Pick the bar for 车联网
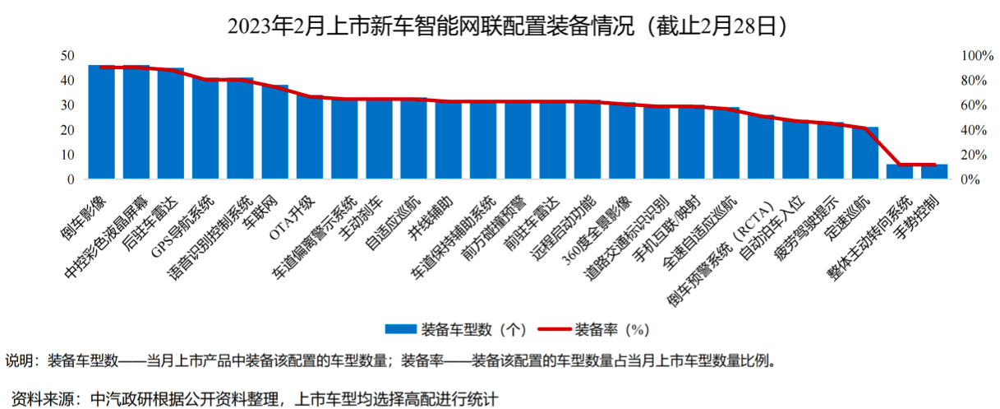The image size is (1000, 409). coord(274,132)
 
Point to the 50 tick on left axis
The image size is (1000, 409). coord(68,56)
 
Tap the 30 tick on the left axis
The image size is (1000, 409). coord(68,105)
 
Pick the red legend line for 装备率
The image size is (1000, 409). coord(554,329)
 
